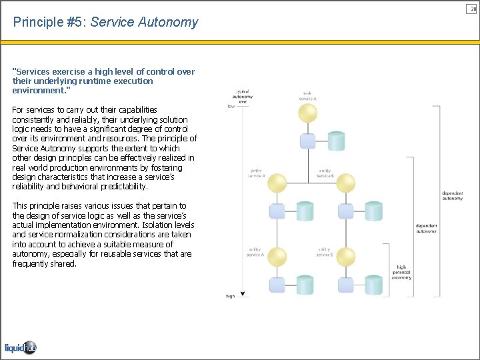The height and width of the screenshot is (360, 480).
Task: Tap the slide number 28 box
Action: point(473,8)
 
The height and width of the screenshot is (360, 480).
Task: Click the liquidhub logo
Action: point(20,347)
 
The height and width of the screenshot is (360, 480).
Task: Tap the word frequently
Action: point(32,263)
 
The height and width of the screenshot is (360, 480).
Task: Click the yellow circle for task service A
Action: point(307,113)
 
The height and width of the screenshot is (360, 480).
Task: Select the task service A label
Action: point(307,95)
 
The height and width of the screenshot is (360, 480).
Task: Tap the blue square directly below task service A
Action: point(307,141)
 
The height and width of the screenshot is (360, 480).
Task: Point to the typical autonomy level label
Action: point(243,97)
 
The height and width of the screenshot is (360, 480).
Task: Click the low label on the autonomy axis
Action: point(231,106)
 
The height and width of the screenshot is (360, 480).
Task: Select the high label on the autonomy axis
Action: point(230,296)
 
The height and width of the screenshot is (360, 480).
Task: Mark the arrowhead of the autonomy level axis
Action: point(243,293)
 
